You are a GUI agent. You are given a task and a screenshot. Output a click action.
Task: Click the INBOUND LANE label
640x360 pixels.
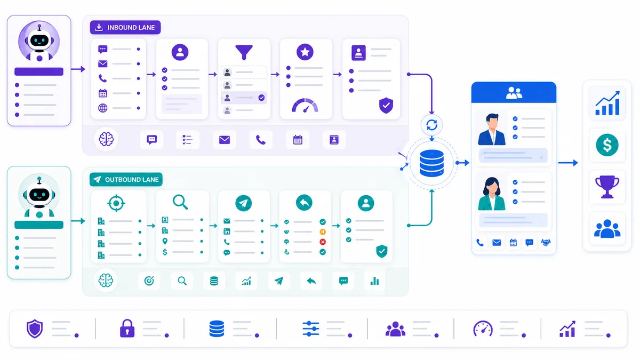pyautogui.click(x=131, y=27)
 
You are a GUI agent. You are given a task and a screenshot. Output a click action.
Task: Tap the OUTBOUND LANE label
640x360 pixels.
pyautogui.click(x=132, y=179)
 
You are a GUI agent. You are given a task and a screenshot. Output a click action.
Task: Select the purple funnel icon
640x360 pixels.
pyautogui.click(x=244, y=52)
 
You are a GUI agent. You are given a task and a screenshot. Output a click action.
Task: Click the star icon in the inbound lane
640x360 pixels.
pyautogui.click(x=305, y=52)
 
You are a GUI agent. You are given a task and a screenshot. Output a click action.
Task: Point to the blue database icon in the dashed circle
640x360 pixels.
pyautogui.click(x=431, y=163)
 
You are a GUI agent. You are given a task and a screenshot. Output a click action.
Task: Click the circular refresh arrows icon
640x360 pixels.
pyautogui.click(x=431, y=125)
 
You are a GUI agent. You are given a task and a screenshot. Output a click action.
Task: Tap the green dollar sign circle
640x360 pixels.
pyautogui.click(x=607, y=145)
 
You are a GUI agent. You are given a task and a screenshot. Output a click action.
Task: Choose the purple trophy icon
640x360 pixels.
pyautogui.click(x=607, y=187)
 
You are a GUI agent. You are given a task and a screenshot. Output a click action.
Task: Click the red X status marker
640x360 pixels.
pyautogui.click(x=323, y=242)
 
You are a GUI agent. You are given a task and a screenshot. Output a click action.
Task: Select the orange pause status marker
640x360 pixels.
pyautogui.click(x=323, y=231)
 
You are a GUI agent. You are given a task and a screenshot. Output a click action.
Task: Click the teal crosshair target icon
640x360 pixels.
pyautogui.click(x=116, y=203)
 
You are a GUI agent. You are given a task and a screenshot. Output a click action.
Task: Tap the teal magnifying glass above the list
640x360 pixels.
pyautogui.click(x=180, y=202)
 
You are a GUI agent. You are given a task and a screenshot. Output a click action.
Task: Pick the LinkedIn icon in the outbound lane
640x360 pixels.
pyautogui.click(x=227, y=231)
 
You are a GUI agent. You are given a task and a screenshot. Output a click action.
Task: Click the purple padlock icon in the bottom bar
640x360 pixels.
pyautogui.click(x=127, y=329)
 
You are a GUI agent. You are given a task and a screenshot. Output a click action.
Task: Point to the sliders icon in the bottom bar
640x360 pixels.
pyautogui.click(x=310, y=329)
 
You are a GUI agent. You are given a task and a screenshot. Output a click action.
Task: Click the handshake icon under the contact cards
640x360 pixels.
pyautogui.click(x=546, y=243)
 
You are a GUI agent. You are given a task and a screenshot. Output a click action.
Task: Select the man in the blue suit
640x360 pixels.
pyautogui.click(x=492, y=130)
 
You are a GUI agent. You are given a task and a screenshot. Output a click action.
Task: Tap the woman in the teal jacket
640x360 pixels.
pyautogui.click(x=491, y=194)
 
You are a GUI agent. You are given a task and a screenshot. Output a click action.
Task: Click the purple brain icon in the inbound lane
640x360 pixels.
pyautogui.click(x=106, y=139)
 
